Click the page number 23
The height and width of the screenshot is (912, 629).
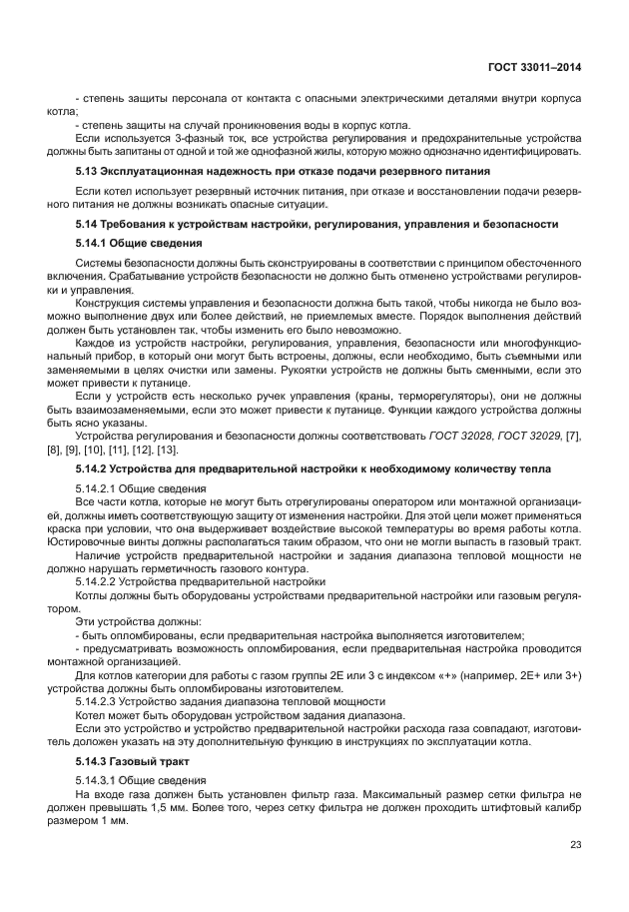pyautogui.click(x=575, y=844)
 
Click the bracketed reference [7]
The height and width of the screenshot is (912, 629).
pyautogui.click(x=573, y=438)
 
